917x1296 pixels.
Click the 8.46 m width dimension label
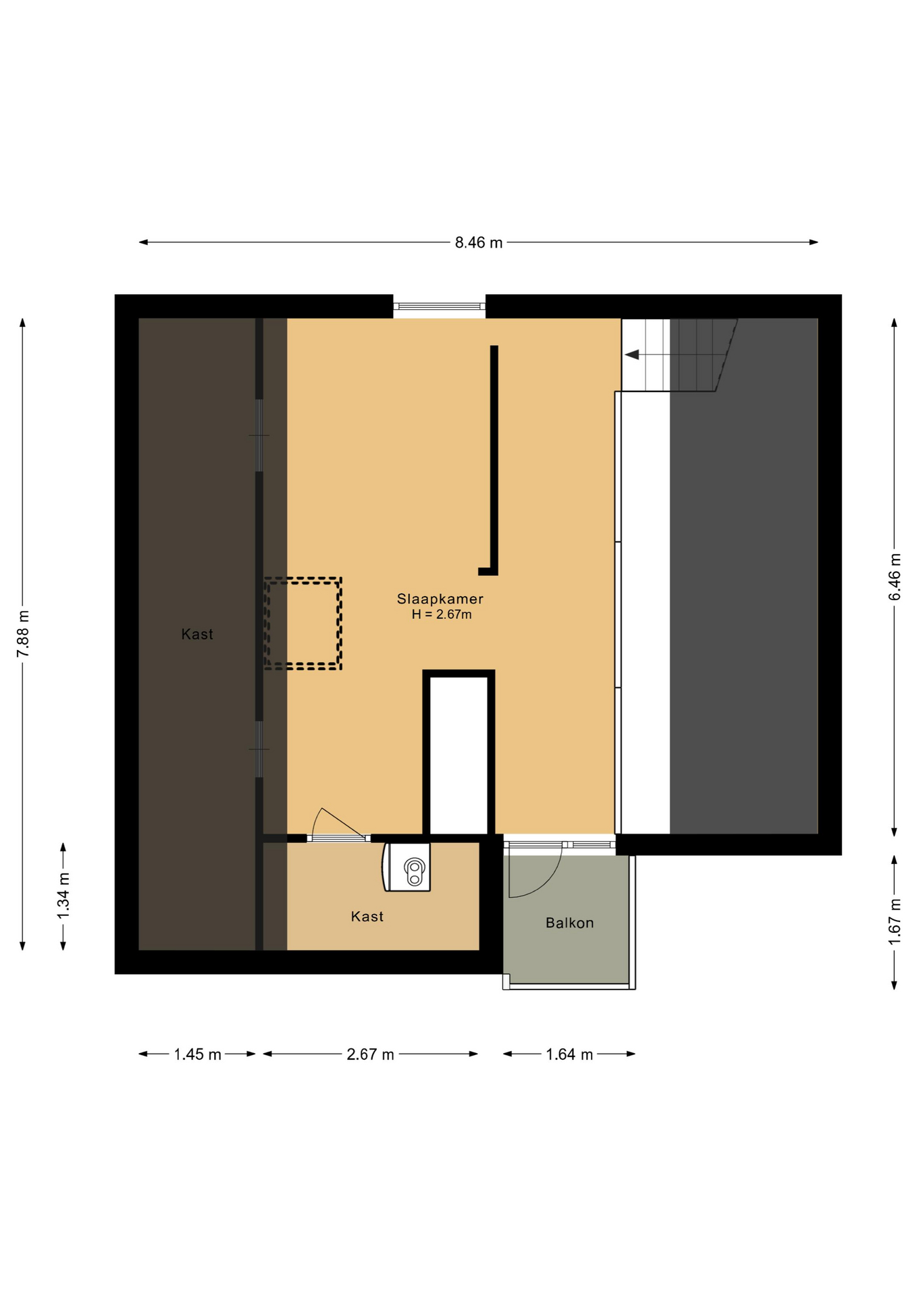[478, 242]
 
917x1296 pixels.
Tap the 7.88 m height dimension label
[23, 633]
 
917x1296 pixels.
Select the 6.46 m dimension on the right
[894, 576]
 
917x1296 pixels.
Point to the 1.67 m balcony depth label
[894, 921]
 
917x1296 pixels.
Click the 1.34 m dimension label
[63, 896]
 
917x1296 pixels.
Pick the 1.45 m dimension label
[197, 1054]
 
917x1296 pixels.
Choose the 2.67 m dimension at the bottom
[370, 1054]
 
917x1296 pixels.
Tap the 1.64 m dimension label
[569, 1054]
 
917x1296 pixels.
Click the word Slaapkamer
[440, 599]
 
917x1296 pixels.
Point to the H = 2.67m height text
[442, 614]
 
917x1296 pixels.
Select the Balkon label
[570, 923]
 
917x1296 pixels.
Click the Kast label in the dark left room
[197, 634]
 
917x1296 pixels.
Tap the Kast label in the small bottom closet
[367, 916]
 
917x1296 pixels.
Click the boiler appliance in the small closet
[407, 867]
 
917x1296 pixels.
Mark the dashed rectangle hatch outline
[303, 579]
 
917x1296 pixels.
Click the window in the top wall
[440, 306]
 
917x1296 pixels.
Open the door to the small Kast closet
[338, 838]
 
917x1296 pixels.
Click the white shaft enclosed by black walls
[459, 756]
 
